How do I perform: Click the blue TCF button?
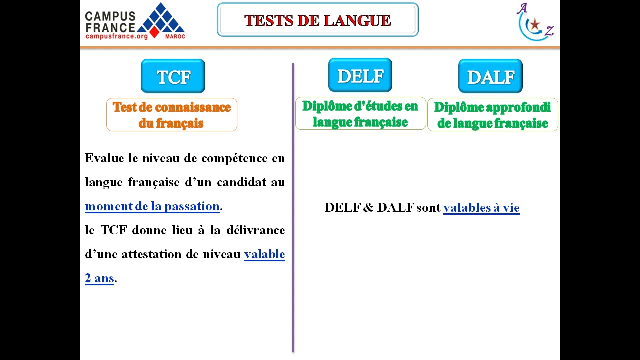pyautogui.click(x=173, y=76)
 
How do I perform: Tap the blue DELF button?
pyautogui.click(x=360, y=75)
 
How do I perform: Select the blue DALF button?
pyautogui.click(x=490, y=76)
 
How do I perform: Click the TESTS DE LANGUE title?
pyautogui.click(x=317, y=20)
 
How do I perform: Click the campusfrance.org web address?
pyautogui.click(x=116, y=36)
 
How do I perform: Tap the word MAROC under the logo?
pyautogui.click(x=175, y=36)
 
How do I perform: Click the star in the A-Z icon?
pyautogui.click(x=535, y=24)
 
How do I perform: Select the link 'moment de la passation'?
pyautogui.click(x=152, y=206)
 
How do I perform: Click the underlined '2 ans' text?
pyautogui.click(x=99, y=278)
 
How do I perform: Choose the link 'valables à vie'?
pyautogui.click(x=481, y=208)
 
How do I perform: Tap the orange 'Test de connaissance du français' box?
pyautogui.click(x=171, y=115)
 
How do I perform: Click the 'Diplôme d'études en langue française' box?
pyautogui.click(x=360, y=114)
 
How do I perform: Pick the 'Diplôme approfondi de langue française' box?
pyautogui.click(x=492, y=115)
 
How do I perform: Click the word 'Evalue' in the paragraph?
pyautogui.click(x=104, y=158)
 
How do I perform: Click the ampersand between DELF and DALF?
pyautogui.click(x=368, y=208)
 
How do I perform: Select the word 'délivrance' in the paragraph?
pyautogui.click(x=255, y=230)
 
